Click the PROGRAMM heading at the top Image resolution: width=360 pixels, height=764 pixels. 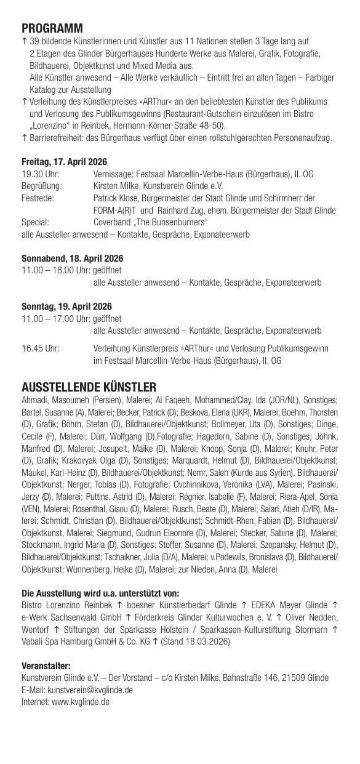[x=52, y=28]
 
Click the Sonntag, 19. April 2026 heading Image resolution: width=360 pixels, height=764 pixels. [x=66, y=307]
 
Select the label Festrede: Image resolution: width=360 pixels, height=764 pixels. [x=38, y=198]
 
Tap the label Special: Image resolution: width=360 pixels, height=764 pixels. [x=35, y=222]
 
